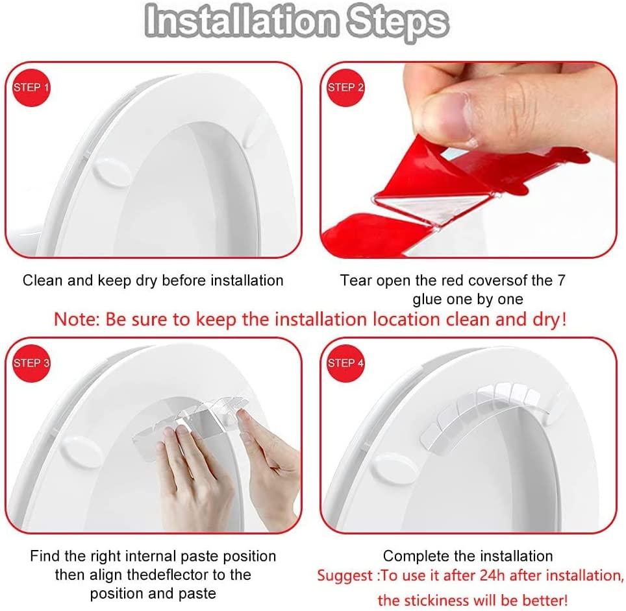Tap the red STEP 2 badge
(x=345, y=88)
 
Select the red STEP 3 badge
(x=31, y=363)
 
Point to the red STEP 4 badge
(x=345, y=363)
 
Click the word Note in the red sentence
(x=73, y=320)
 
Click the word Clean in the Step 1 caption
(x=42, y=281)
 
